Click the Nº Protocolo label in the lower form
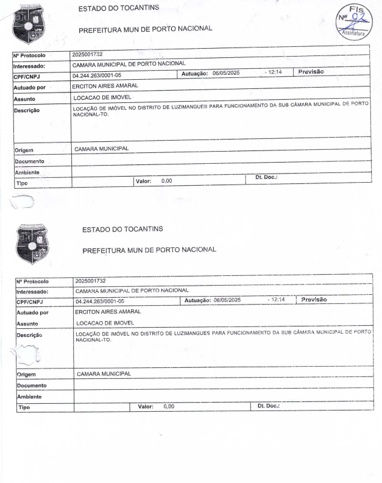pyautogui.click(x=33, y=281)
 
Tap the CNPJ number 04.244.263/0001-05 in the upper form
pyautogui.click(x=98, y=76)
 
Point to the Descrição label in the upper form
pyautogui.click(x=26, y=111)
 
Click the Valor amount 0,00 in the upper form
pyautogui.click(x=166, y=181)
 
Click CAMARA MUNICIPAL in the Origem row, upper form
pyautogui.click(x=102, y=149)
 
